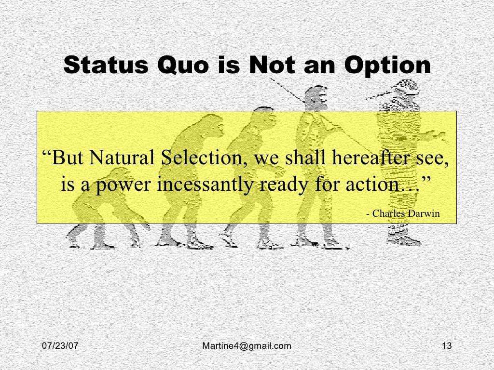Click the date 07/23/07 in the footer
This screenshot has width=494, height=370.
(59, 345)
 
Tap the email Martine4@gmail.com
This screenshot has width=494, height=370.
(247, 345)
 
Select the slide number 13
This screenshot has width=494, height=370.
(446, 345)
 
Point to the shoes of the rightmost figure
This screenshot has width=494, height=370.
(404, 239)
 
